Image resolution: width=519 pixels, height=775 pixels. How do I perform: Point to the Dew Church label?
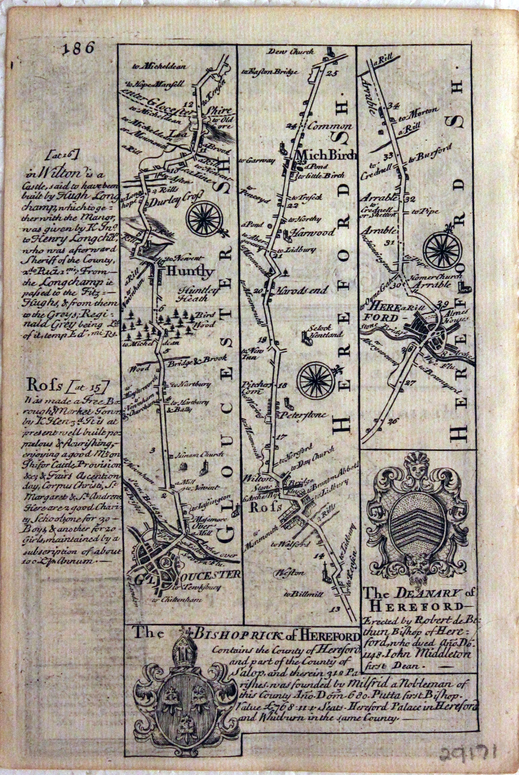291,52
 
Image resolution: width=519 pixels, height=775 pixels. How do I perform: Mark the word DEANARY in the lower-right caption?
429,594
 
